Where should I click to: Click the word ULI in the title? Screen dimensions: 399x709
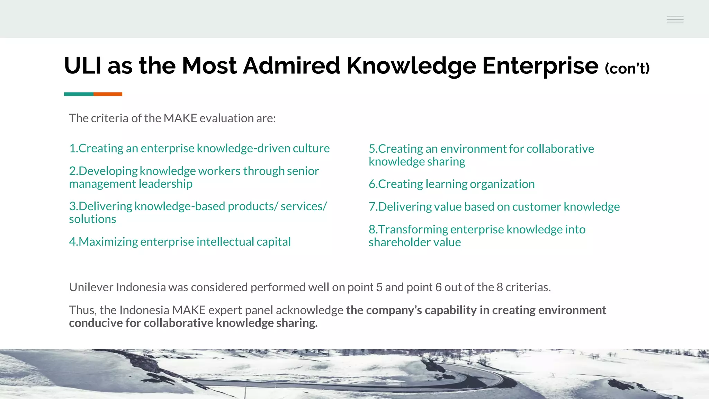(x=83, y=65)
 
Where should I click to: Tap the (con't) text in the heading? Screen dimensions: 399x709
(x=627, y=68)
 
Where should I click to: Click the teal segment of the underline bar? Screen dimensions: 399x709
(x=79, y=94)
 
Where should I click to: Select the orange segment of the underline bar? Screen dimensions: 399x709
(x=108, y=94)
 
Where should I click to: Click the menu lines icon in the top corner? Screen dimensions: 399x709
(x=675, y=19)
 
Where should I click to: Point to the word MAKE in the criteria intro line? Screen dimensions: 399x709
(x=180, y=118)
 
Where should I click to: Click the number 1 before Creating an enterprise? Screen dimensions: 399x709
(x=72, y=148)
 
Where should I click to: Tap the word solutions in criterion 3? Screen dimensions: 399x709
(x=92, y=219)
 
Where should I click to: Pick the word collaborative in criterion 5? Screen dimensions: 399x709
(x=560, y=149)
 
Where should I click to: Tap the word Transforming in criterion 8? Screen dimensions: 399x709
(x=413, y=229)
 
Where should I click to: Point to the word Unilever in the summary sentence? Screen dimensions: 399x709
(x=91, y=287)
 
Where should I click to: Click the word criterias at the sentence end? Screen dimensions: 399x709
(x=528, y=287)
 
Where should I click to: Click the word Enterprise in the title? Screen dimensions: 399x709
(x=540, y=65)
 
